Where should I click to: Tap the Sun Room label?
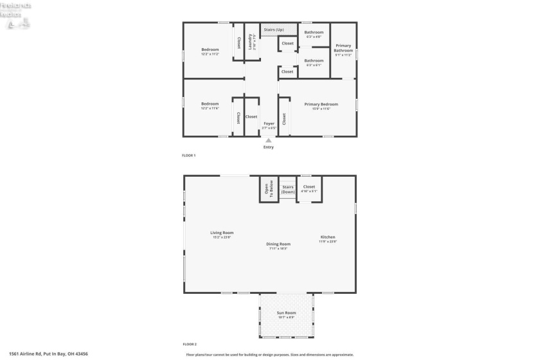285,314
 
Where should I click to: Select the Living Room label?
222,233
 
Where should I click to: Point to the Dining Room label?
279,244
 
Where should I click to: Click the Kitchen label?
328,238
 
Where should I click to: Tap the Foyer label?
269,123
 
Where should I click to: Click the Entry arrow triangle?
269,140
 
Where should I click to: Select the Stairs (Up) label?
274,30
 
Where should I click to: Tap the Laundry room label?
251,40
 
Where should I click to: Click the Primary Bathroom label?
343,48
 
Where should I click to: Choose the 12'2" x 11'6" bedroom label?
210,104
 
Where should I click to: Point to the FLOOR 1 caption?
189,156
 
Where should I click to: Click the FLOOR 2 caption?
189,344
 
